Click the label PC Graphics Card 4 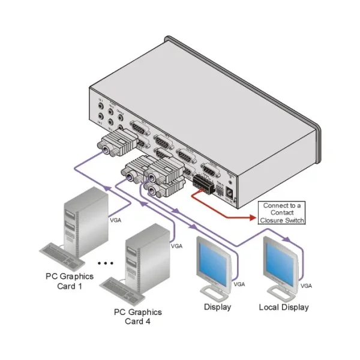point(137,317)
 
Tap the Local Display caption point(283,307)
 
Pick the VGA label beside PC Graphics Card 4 point(177,246)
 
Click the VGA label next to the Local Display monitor point(306,285)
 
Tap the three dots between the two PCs point(105,263)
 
